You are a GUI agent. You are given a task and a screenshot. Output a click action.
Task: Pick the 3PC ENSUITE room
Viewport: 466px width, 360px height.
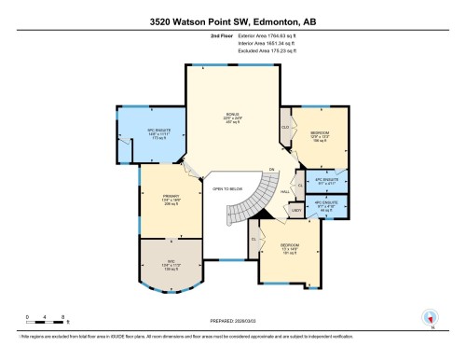point(325,179)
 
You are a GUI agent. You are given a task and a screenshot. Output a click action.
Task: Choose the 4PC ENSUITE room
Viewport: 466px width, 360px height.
point(325,207)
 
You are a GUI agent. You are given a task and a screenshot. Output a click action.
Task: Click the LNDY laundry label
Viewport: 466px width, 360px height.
point(295,211)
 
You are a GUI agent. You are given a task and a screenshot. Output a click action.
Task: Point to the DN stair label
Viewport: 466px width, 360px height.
point(271,169)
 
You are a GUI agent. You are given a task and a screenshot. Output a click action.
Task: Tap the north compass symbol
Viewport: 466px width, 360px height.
point(431,317)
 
